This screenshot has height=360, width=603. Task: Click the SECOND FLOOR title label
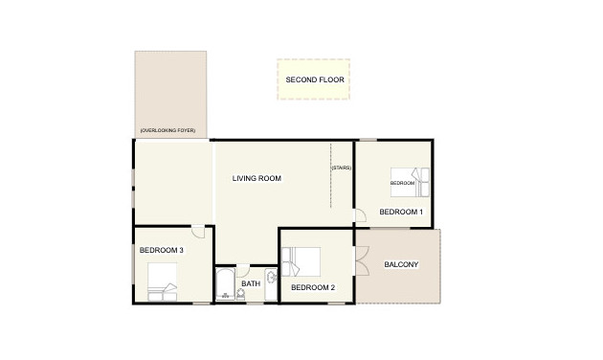pyautogui.click(x=314, y=79)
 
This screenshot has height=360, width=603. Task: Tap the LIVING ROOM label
pyautogui.click(x=257, y=177)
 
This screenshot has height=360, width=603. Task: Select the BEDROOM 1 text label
pyautogui.click(x=401, y=211)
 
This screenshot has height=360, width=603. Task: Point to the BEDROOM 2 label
pyautogui.click(x=312, y=287)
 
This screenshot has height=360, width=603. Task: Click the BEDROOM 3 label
pyautogui.click(x=161, y=251)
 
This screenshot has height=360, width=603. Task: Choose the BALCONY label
pyautogui.click(x=401, y=264)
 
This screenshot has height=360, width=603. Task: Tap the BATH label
pyautogui.click(x=251, y=283)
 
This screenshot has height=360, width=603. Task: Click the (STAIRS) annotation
pyautogui.click(x=342, y=169)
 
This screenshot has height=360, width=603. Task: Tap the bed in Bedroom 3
pyautogui.click(x=163, y=289)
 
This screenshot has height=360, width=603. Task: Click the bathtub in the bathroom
pyautogui.click(x=225, y=284)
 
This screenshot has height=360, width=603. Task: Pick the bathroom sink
pyautogui.click(x=271, y=279)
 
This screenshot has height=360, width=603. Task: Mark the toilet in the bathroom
pyautogui.click(x=240, y=296)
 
